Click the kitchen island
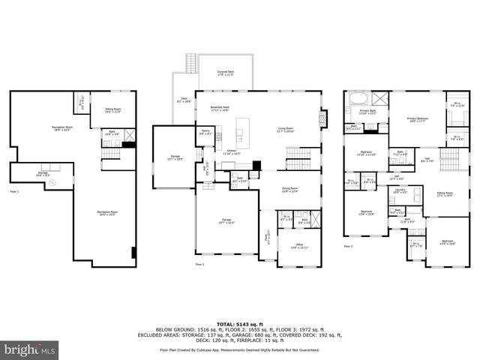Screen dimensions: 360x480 pyautogui.click(x=242, y=133)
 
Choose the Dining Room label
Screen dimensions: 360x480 pyautogui.click(x=289, y=190)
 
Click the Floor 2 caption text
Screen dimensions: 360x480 pyautogui.click(x=199, y=264)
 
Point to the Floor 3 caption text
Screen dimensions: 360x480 pyautogui.click(x=348, y=246)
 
